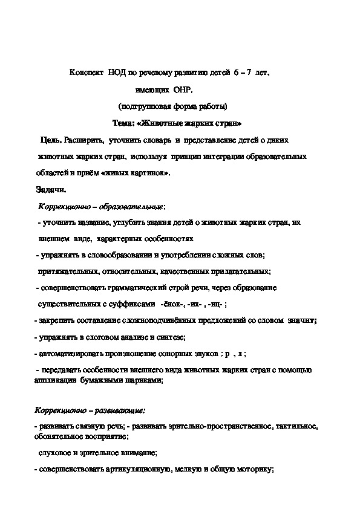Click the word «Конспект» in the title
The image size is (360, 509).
(x=88, y=73)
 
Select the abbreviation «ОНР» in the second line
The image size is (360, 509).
(x=182, y=89)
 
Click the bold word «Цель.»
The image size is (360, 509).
(x=51, y=140)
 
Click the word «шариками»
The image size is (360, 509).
(x=143, y=381)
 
